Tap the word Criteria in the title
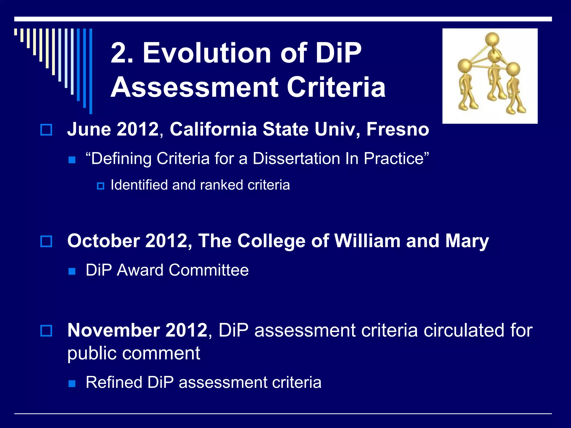coord(336,87)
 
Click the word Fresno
coord(398,129)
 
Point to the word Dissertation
coord(296,159)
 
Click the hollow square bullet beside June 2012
coord(46,130)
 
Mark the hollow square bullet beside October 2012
coord(46,241)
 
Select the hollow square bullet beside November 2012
coord(46,331)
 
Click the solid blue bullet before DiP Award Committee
coord(72,271)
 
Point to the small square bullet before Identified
coord(100,186)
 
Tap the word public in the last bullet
coord(92,353)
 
